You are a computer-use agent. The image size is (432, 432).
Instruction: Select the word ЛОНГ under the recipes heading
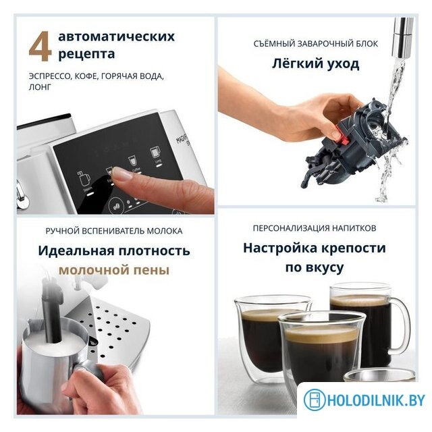[40, 88]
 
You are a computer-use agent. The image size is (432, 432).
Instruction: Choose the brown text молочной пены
[113, 271]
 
